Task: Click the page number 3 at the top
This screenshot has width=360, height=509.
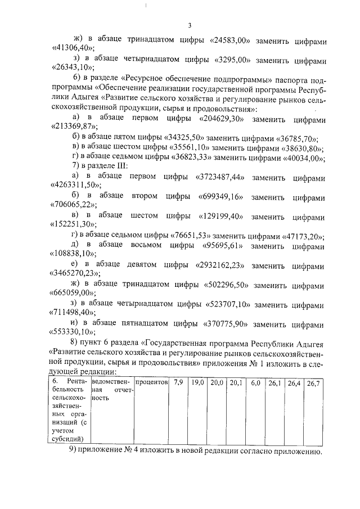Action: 190,25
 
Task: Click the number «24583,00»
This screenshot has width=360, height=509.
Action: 231,41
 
